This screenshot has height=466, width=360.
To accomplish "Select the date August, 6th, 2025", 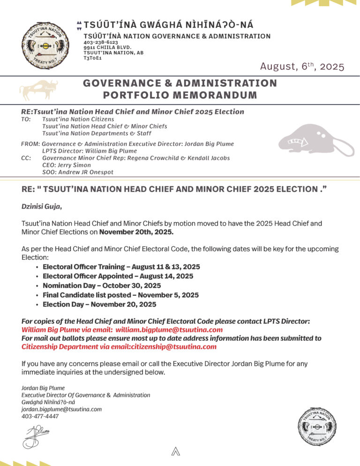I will coord(302,67).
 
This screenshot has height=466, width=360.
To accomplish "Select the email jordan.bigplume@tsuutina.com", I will coord(61,409).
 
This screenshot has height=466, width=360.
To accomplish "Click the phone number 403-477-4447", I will coord(40,416).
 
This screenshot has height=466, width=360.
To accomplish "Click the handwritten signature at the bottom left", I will coord(36,435).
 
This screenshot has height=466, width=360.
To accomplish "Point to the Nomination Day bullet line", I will coord(102,286).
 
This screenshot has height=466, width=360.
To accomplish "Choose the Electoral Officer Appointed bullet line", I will coord(118,276).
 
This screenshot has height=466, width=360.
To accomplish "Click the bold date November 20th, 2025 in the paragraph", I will coord(136,232).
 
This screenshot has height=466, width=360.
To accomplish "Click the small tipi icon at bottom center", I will coord(176,451).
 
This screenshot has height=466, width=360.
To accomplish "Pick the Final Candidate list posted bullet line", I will coord(120,295).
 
